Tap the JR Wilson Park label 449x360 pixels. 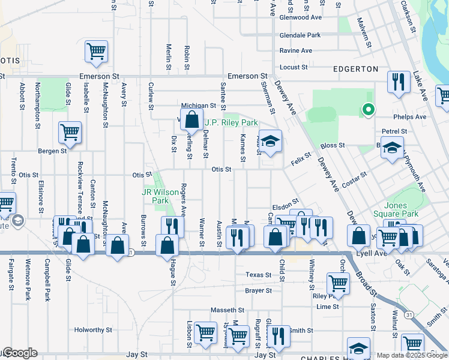160,196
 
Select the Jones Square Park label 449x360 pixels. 401,209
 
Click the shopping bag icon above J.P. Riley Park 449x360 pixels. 191,119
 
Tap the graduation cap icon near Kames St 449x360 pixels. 270,142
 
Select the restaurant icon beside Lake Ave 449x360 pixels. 399,81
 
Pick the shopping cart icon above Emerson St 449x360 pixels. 96,51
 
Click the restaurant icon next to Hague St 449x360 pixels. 172,226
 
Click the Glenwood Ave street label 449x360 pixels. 301,17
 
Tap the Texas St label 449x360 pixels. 259,275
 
